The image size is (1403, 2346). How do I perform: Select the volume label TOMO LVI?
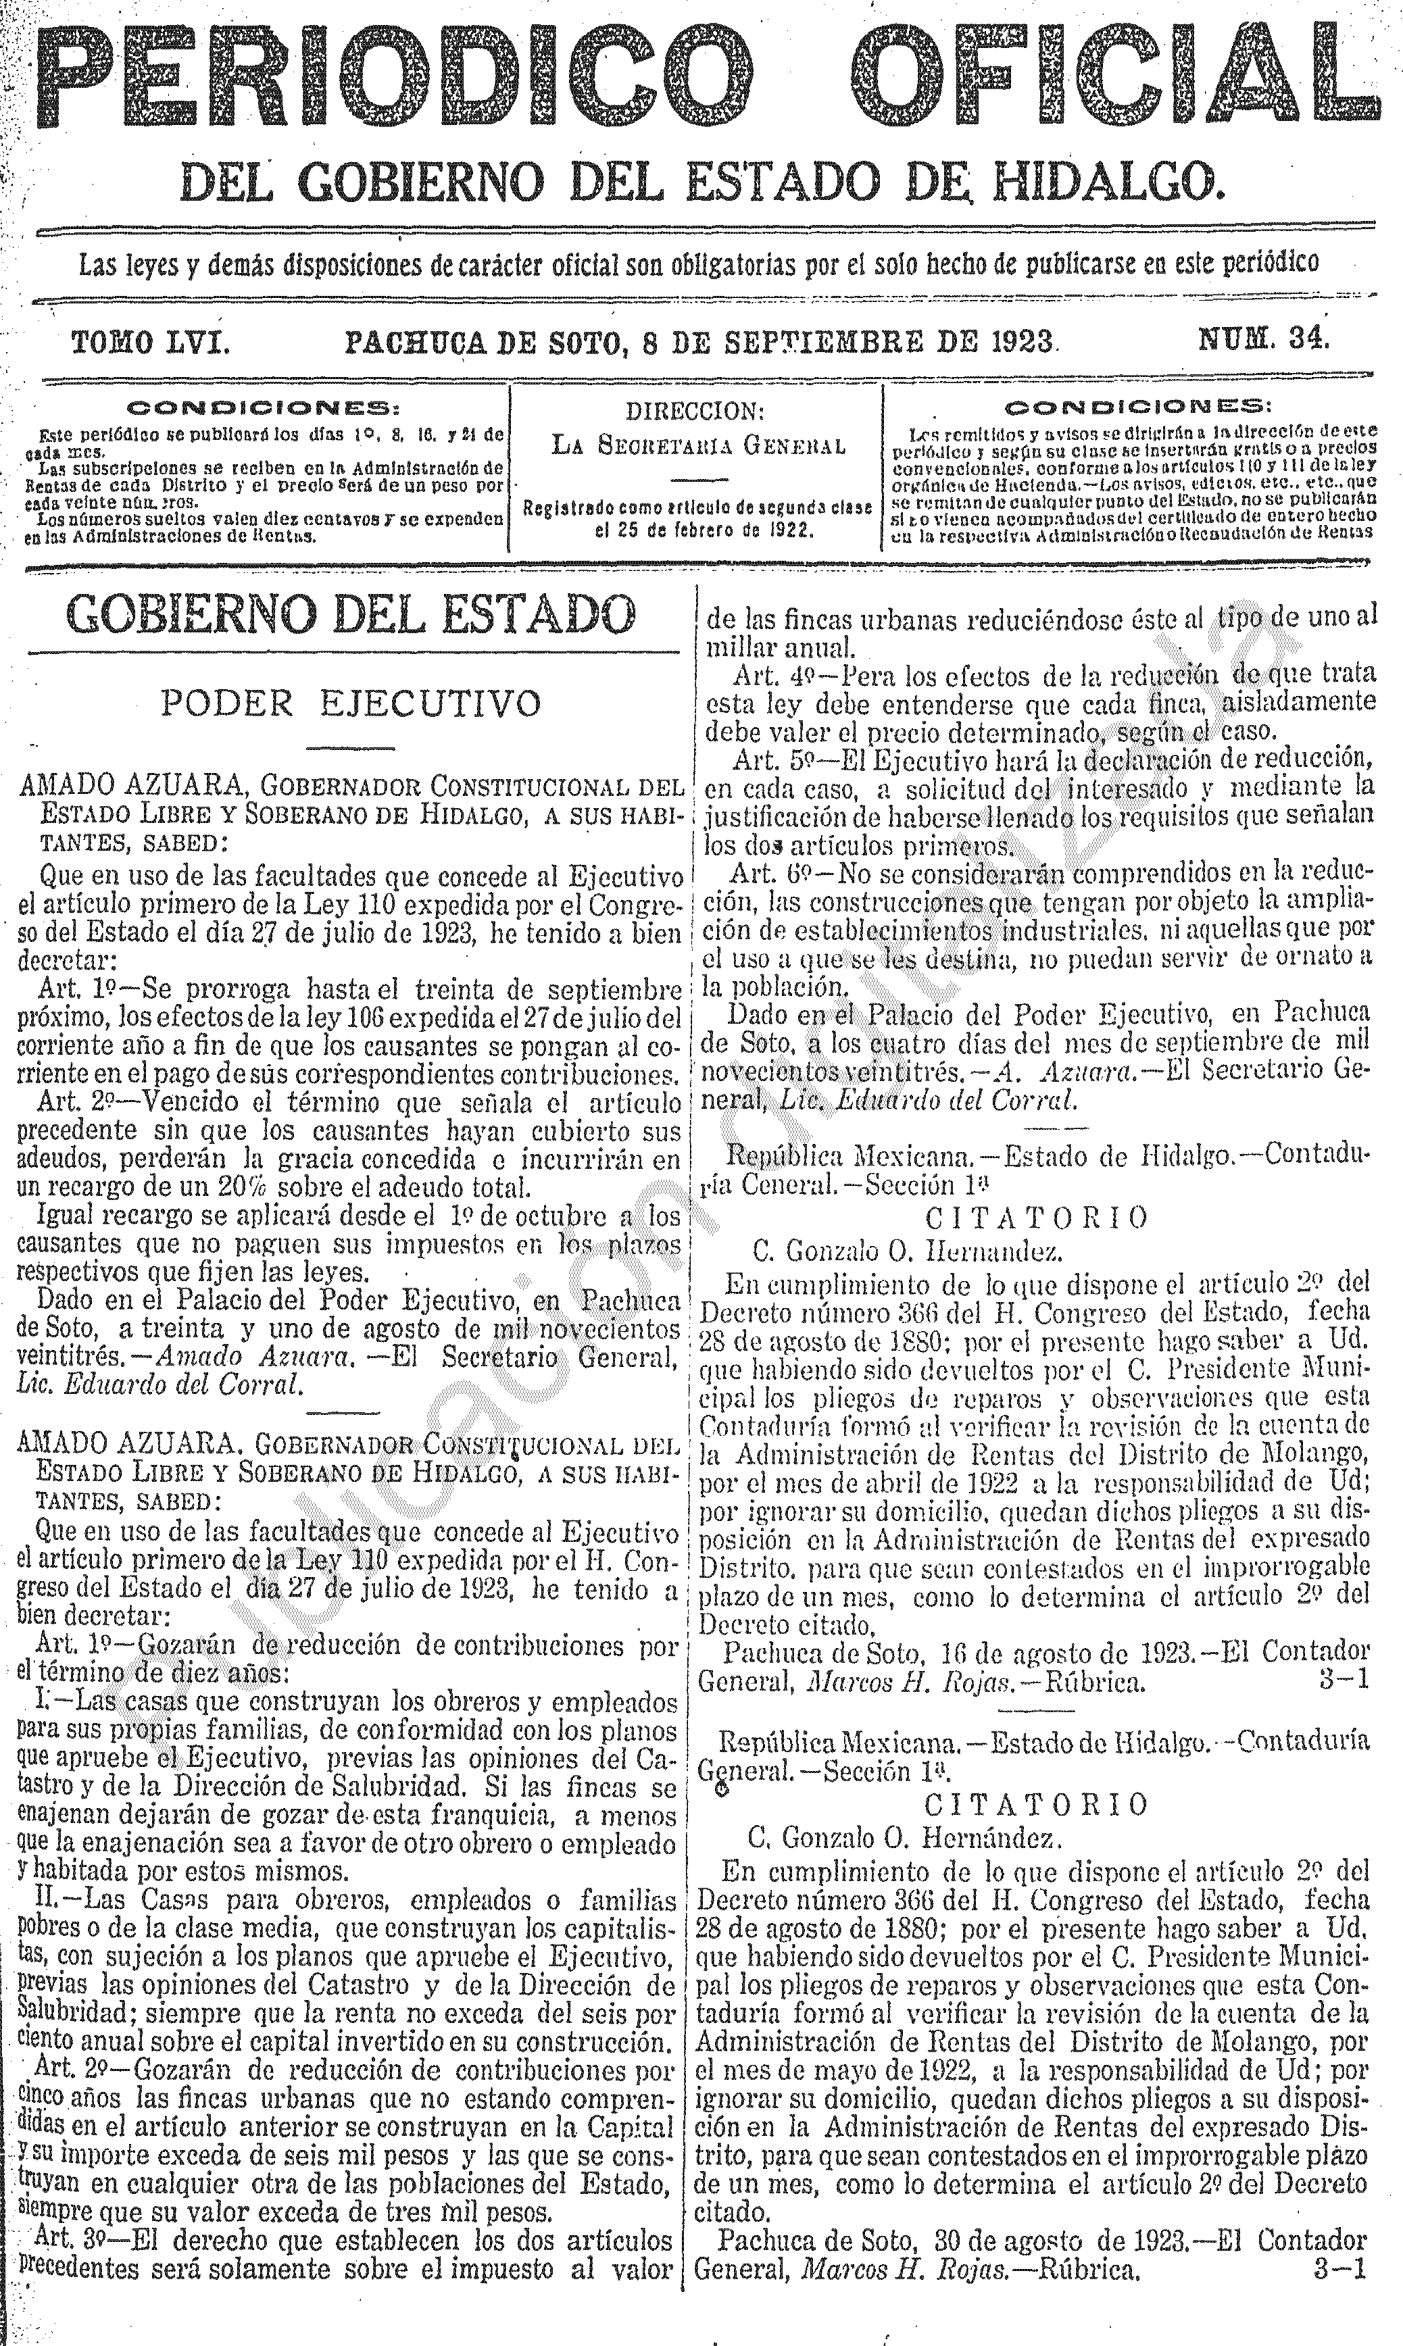[151, 341]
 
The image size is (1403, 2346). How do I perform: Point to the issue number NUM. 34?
[1264, 339]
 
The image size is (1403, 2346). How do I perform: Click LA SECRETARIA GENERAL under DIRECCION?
[697, 445]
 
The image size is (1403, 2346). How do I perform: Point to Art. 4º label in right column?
[768, 677]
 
